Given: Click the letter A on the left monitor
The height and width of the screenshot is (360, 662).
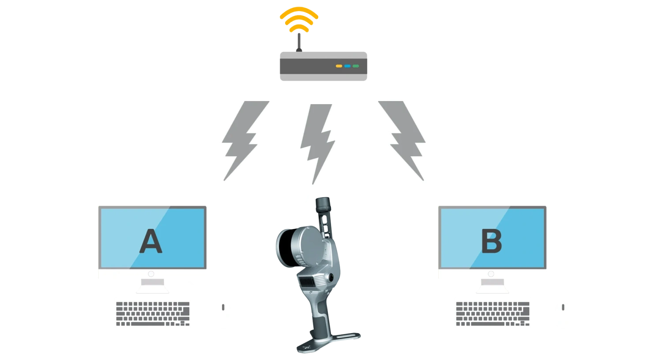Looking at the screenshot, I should tap(150, 242).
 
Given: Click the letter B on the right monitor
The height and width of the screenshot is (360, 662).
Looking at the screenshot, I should tap(491, 242).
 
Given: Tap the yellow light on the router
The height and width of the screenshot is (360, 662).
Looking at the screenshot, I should tap(339, 66).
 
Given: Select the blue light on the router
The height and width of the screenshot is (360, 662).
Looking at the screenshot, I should tap(347, 66).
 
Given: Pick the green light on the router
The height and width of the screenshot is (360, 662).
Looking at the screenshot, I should tap(356, 66).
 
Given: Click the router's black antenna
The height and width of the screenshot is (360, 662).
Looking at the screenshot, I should tap(299, 42).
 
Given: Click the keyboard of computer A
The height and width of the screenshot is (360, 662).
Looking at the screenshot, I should tap(154, 312).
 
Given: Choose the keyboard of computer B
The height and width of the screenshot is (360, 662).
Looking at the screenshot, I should tap(493, 312).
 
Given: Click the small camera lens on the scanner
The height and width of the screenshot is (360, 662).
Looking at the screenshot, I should tap(331, 277).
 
